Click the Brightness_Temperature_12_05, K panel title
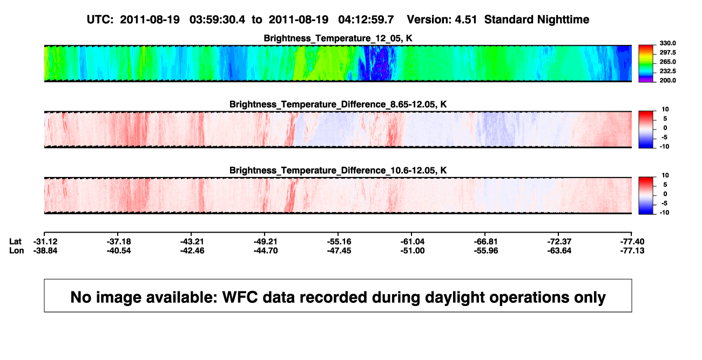tap(338, 38)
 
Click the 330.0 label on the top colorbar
tap(667, 43)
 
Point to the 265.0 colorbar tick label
tap(667, 62)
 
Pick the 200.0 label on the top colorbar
tap(667, 80)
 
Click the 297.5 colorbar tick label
tap(667, 52)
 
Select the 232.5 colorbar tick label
tap(667, 71)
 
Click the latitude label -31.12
tap(45, 242)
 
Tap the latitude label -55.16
tap(339, 242)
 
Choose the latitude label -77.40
tap(632, 242)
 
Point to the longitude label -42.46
tap(192, 250)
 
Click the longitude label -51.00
tap(413, 250)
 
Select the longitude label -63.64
tap(559, 250)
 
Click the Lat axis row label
tap(15, 242)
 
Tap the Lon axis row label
tap(17, 250)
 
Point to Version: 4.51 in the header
tap(442, 19)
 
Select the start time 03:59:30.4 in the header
tap(217, 19)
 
